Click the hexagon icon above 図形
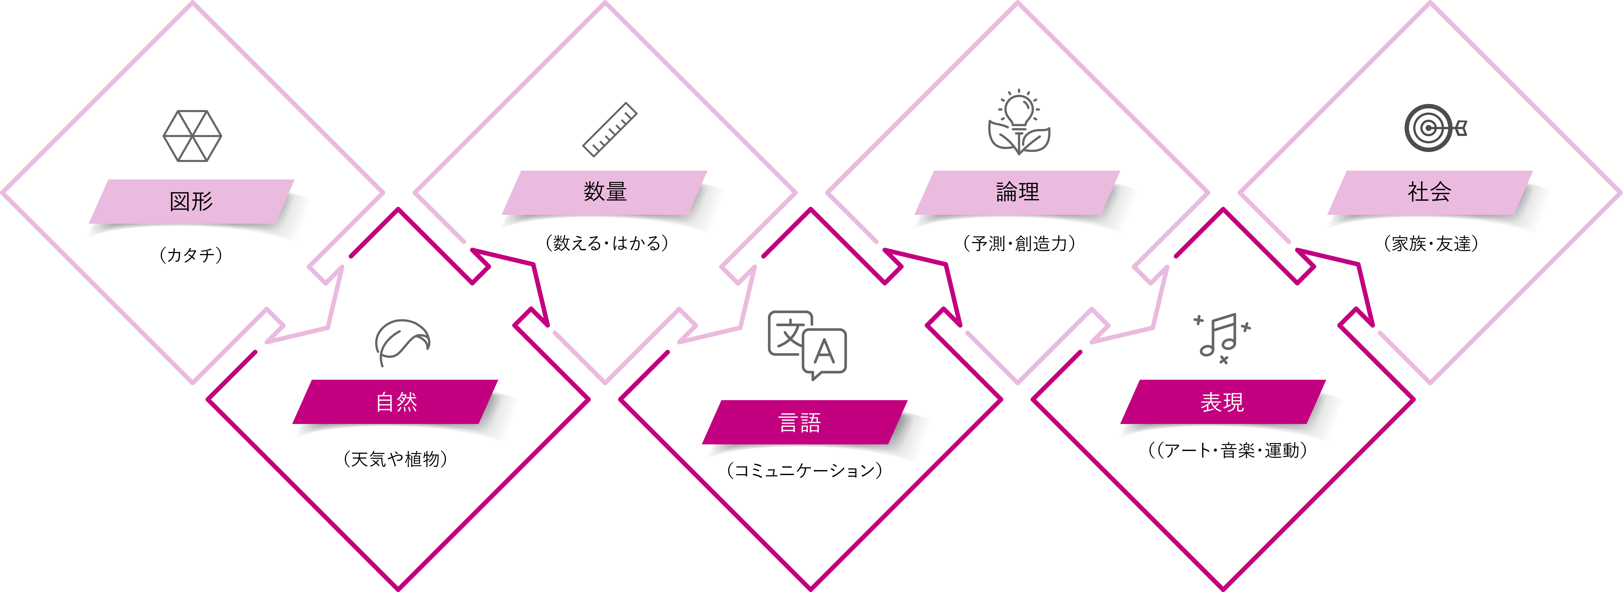(192, 136)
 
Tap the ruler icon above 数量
(609, 129)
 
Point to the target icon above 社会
(1435, 128)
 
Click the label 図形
(191, 202)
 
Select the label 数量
(605, 191)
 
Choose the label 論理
(1017, 191)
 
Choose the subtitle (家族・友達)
(1431, 243)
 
